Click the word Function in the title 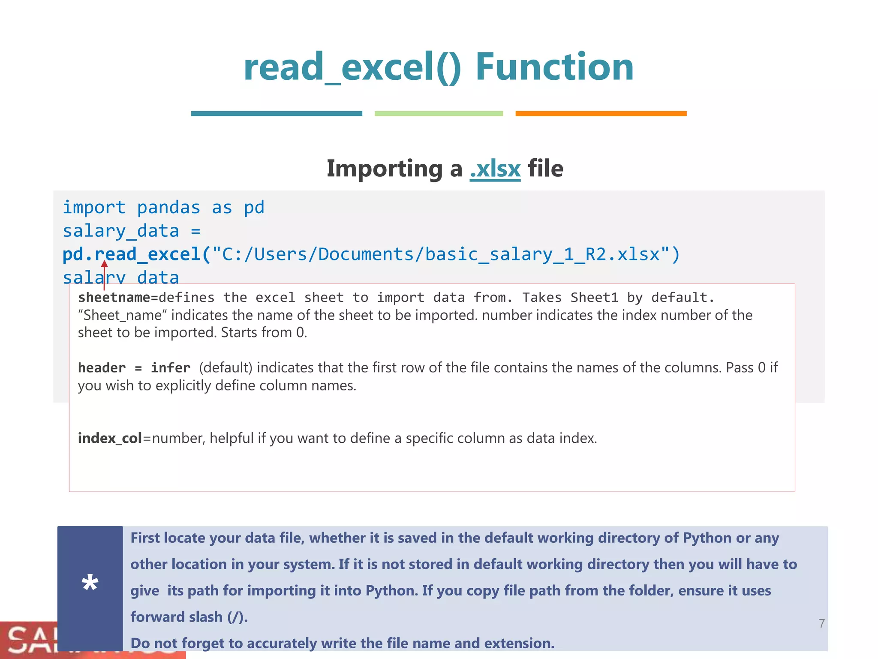tap(554, 67)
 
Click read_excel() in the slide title tap(352, 67)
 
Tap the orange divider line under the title tap(601, 114)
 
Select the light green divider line tap(439, 114)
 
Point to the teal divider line tap(277, 114)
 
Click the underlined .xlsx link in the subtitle tap(495, 169)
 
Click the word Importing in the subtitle tap(385, 169)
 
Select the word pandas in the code tap(168, 208)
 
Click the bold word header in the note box tap(102, 368)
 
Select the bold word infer tap(170, 368)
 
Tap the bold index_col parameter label tap(110, 438)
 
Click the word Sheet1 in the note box tap(594, 297)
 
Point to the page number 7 tap(821, 623)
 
